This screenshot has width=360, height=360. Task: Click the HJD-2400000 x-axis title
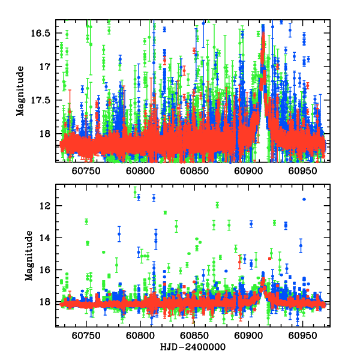[193, 347]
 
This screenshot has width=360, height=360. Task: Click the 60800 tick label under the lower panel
[140, 337]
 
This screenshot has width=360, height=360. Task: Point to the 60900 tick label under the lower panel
[247, 337]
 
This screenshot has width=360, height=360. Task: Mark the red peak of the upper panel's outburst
[263, 35]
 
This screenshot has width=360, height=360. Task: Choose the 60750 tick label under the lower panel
[86, 337]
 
